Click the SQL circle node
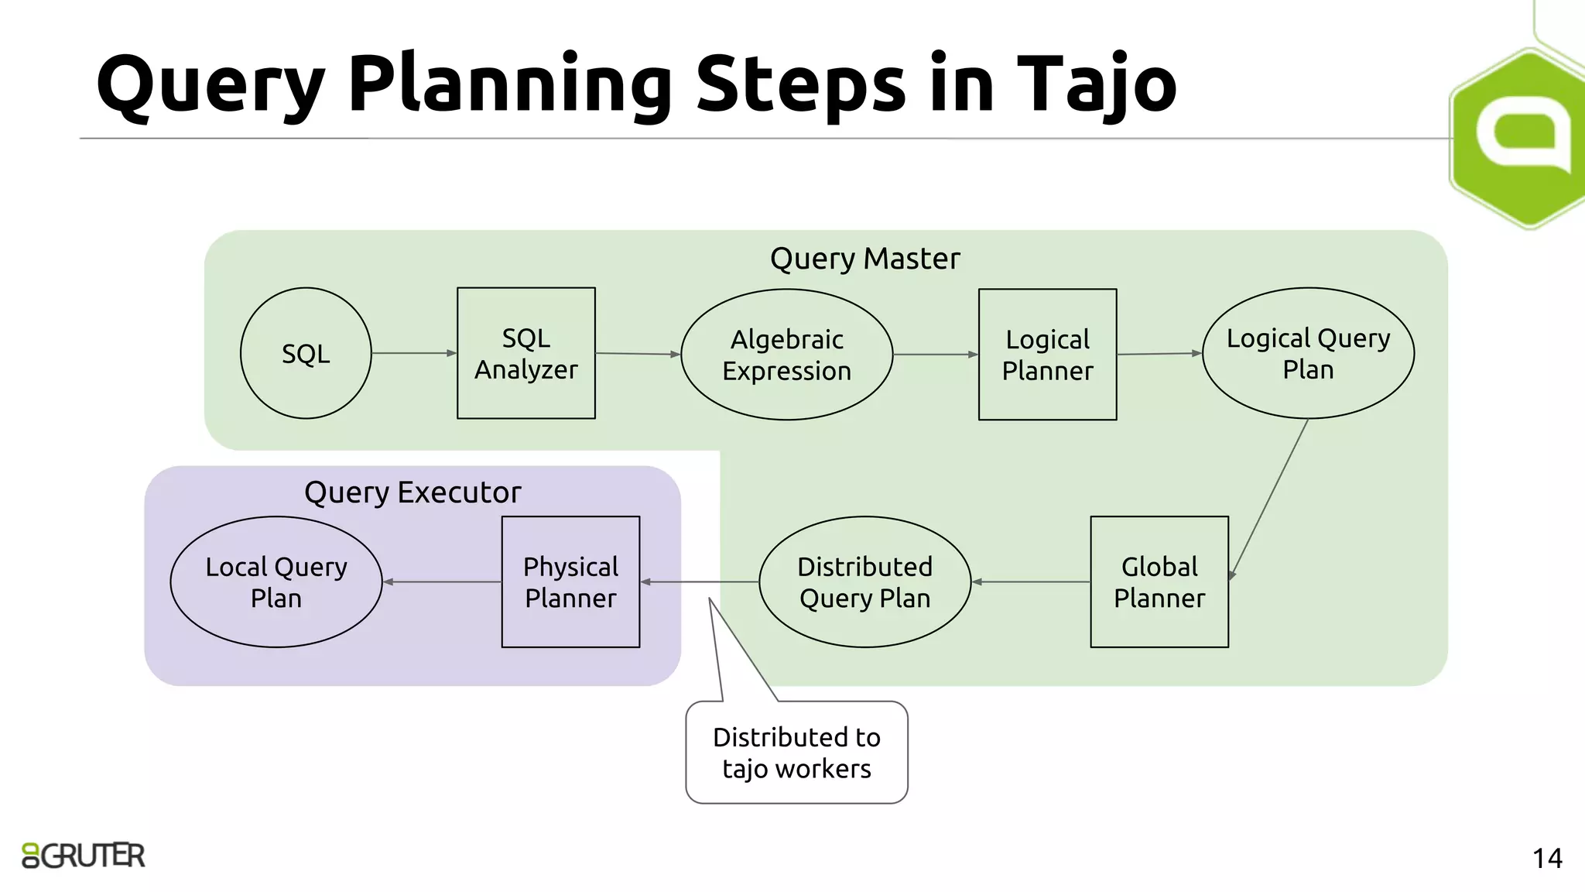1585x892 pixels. pos(306,353)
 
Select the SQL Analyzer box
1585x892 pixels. pos(526,353)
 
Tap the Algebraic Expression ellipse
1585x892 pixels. pos(786,355)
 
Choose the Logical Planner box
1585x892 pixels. pos(1047,355)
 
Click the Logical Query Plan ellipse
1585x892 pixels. pos(1308,353)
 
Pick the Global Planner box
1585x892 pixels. pos(1159,582)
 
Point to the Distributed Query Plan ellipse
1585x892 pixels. pos(864,582)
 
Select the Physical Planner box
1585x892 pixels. pos(570,582)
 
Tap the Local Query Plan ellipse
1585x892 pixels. pos(276,582)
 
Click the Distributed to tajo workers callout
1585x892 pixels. pos(796,752)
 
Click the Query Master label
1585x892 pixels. pos(864,259)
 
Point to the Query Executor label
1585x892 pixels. pos(413,492)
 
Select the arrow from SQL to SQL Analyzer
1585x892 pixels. pos(414,353)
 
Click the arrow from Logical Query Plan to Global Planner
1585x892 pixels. pos(1269,498)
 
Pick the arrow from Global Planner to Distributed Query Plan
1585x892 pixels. pos(1031,582)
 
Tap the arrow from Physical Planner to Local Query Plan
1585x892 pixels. pos(442,582)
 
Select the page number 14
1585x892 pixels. pos(1547,858)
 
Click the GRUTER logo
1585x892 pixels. pos(84,856)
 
